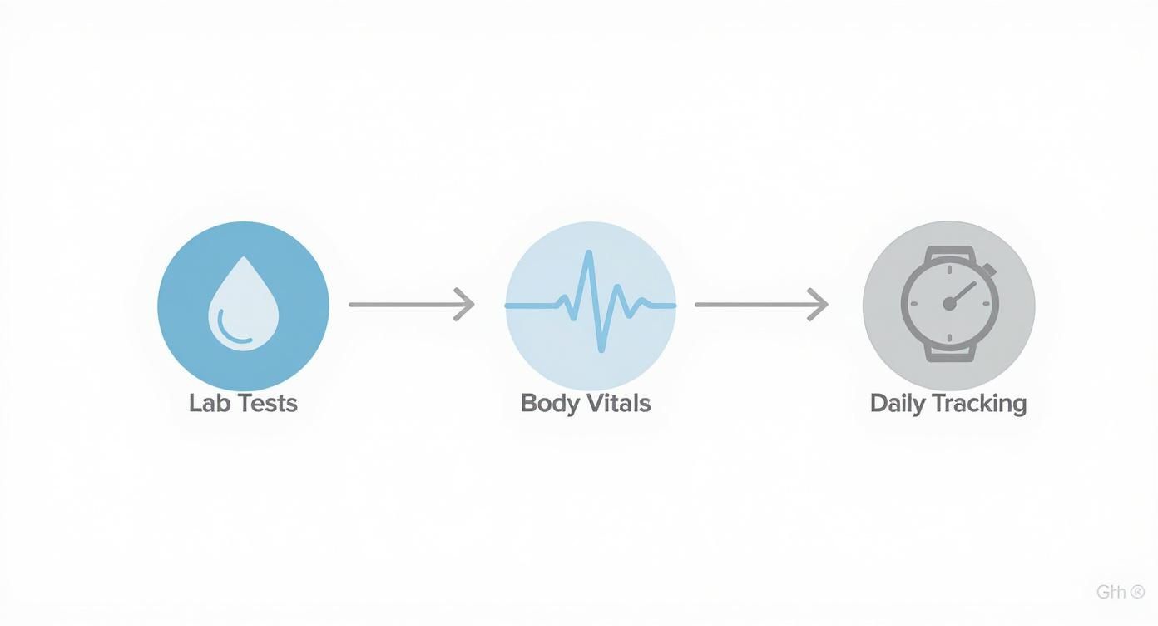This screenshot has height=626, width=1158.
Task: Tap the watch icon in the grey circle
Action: coord(948,304)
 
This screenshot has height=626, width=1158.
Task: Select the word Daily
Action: coord(897,405)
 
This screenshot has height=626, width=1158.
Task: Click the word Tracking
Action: coord(979,404)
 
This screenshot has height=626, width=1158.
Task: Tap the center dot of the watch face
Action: coord(949,305)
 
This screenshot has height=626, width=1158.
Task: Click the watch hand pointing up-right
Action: coord(964,291)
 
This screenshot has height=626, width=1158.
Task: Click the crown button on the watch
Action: coord(990,270)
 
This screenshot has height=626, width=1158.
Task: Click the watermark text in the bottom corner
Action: coord(1120,593)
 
